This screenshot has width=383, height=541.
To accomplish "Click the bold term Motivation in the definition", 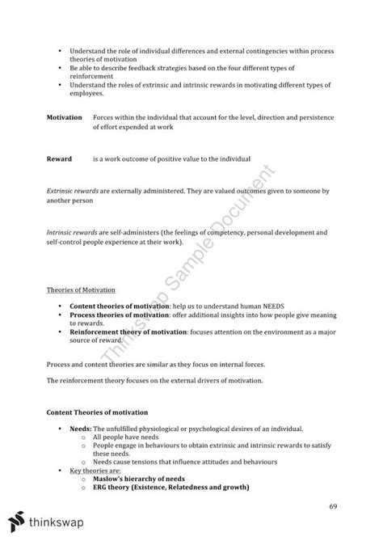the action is point(64,117).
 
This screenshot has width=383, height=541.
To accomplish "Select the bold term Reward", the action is point(59,158).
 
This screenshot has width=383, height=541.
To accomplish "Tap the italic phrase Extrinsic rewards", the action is point(73,190).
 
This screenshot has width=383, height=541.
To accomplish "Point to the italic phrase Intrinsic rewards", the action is point(72,232).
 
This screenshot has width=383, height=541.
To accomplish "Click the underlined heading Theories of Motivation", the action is point(80,290).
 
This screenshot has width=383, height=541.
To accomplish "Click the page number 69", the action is point(333,505).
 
